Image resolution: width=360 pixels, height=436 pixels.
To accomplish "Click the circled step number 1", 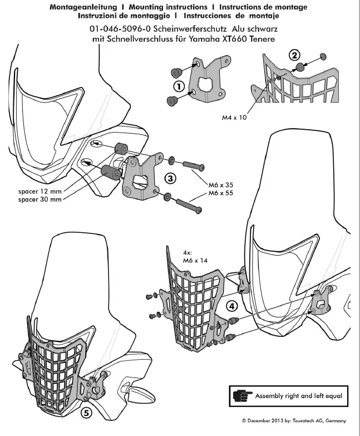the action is pyautogui.click(x=179, y=86).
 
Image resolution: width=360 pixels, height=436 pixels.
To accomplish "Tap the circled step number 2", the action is pyautogui.click(x=294, y=55).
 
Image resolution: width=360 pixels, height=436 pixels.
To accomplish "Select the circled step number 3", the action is pyautogui.click(x=170, y=178).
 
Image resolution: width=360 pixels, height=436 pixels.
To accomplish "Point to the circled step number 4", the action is pyautogui.click(x=231, y=306).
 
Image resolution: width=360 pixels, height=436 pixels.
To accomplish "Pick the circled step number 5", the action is pyautogui.click(x=86, y=413).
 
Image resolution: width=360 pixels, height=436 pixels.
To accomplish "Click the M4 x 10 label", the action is pyautogui.click(x=234, y=117).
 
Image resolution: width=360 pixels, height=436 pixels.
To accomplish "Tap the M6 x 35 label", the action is pyautogui.click(x=221, y=185).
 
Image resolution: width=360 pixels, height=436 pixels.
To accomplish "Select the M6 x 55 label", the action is pyautogui.click(x=221, y=193).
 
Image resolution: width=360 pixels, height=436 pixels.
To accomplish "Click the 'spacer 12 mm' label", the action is pyautogui.click(x=40, y=192).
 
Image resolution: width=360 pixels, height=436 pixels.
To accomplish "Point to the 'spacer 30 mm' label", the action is pyautogui.click(x=40, y=199).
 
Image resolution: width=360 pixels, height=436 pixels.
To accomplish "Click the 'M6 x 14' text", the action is pyautogui.click(x=195, y=261).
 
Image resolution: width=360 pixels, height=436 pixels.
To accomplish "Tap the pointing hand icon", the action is pyautogui.click(x=243, y=396).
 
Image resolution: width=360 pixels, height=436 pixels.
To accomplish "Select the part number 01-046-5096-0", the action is pyautogui.click(x=121, y=28).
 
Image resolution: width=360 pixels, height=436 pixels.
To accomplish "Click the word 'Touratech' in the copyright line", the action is pyautogui.click(x=303, y=421).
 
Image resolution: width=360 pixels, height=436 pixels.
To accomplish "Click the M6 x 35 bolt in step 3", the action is pyautogui.click(x=194, y=165).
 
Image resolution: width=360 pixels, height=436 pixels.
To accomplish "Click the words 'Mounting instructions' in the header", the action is pyautogui.click(x=168, y=7).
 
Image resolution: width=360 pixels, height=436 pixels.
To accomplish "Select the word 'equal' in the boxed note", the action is pyautogui.click(x=333, y=396).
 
